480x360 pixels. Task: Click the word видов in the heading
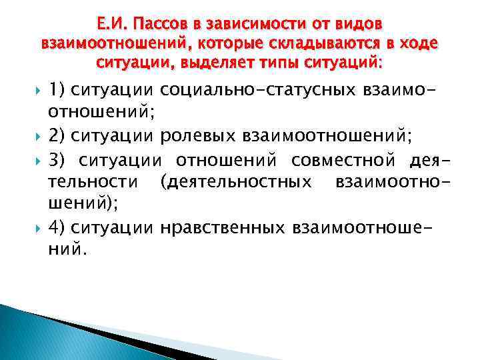[x=359, y=24]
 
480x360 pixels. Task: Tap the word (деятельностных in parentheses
[x=235, y=182]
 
